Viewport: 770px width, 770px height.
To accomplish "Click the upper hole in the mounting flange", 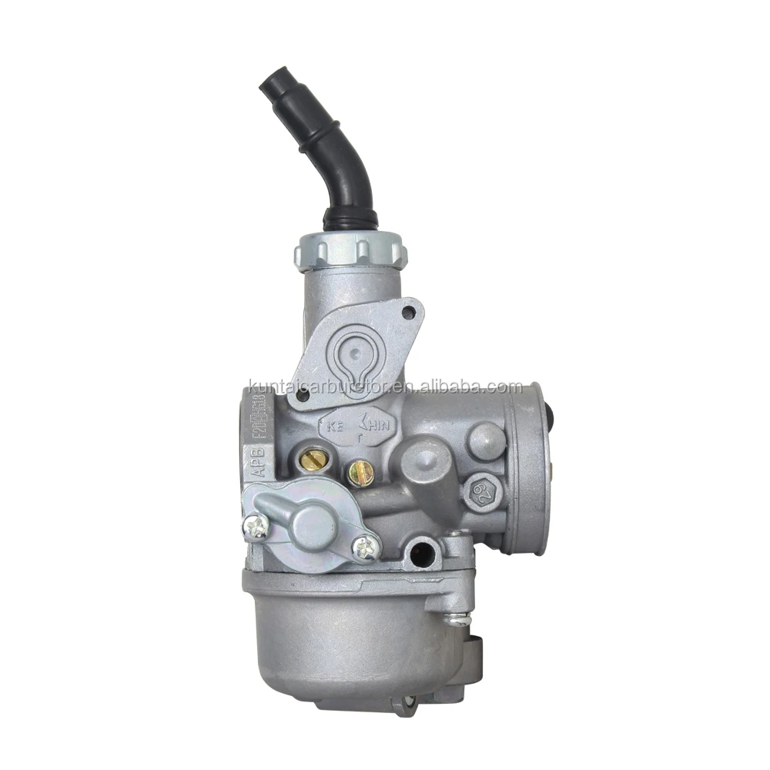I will tap(410, 311).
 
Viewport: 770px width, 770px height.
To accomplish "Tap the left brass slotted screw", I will tap(311, 460).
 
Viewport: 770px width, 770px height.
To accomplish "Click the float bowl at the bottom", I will tap(346, 639).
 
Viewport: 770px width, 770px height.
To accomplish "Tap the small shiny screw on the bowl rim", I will tap(457, 618).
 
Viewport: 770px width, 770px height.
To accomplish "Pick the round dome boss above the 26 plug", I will tap(486, 441).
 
